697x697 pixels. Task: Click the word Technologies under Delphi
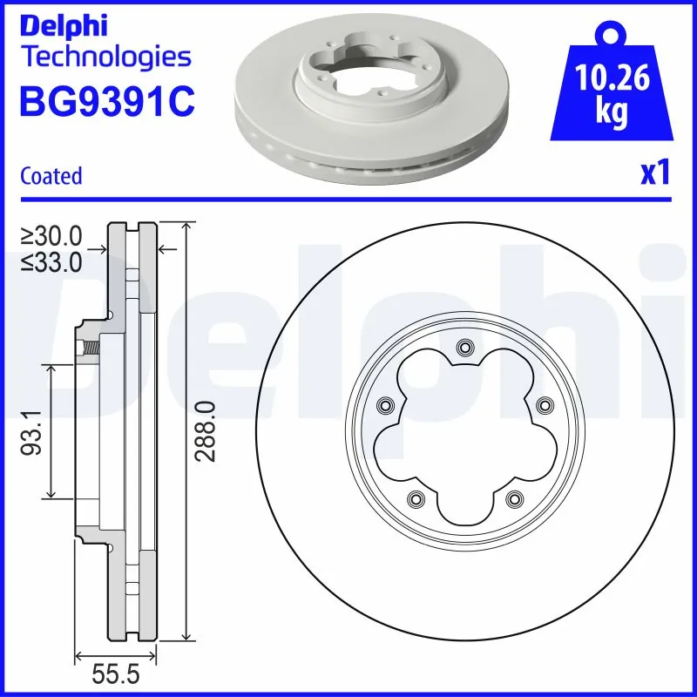(105, 58)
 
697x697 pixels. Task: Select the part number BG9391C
(106, 102)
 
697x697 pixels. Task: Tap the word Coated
(51, 175)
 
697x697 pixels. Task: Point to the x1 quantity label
(654, 174)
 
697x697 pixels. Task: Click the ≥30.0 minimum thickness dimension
(52, 235)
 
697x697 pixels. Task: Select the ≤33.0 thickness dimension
(52, 261)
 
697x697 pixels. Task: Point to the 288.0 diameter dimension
(206, 432)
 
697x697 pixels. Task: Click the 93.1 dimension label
(33, 432)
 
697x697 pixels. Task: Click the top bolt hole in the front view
(464, 348)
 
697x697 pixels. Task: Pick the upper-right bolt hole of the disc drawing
(544, 405)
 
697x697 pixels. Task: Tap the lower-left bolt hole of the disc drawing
(415, 499)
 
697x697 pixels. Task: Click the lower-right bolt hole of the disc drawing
(514, 499)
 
